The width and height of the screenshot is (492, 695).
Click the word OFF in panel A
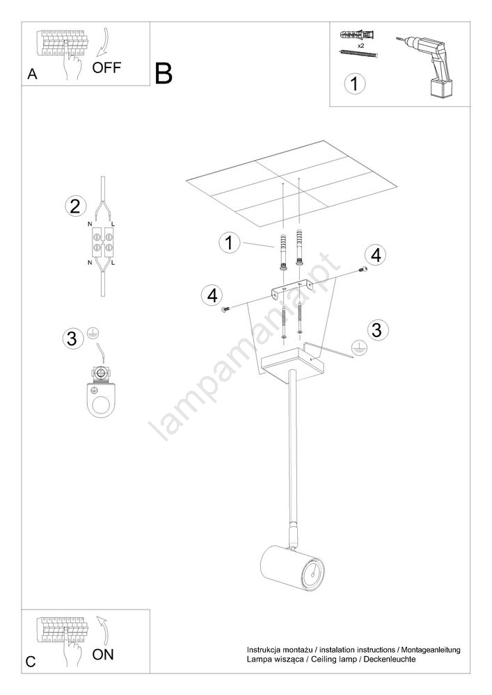(106, 68)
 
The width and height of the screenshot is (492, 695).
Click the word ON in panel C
(103, 654)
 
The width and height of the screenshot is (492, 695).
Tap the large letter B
(164, 74)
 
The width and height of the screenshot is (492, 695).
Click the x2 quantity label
(360, 45)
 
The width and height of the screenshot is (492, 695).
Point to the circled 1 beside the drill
(354, 84)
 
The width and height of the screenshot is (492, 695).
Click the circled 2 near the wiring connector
(75, 206)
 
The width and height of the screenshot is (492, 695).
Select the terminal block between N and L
(102, 242)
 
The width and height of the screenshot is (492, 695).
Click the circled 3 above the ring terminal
(72, 338)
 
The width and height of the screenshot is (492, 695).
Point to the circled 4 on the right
(376, 255)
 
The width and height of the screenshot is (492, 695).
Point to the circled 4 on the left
(212, 295)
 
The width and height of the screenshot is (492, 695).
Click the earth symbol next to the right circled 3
(359, 349)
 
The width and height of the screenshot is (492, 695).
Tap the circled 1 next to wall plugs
(229, 243)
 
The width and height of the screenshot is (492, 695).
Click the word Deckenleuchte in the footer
(390, 659)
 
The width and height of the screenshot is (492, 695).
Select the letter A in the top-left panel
(32, 74)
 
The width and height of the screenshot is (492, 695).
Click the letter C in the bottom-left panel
(31, 662)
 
